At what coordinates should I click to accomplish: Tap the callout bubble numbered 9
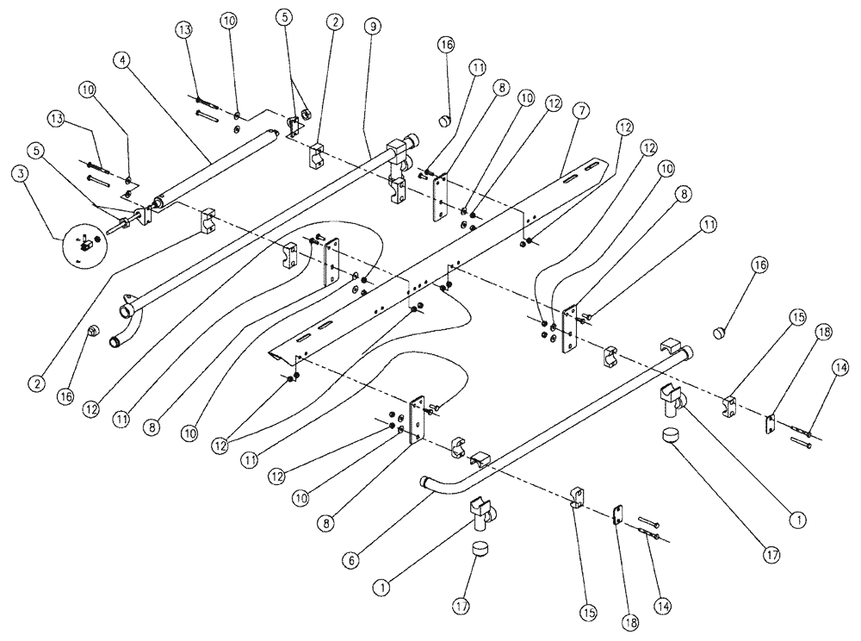click(371, 27)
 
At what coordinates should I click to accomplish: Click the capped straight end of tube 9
click(412, 140)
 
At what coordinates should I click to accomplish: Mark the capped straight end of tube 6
click(686, 352)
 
